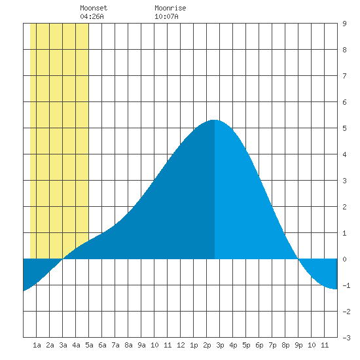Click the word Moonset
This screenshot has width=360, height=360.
[x=94, y=8]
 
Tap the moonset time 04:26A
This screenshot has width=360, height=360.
[x=92, y=16]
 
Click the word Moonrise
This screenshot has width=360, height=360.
[x=170, y=8]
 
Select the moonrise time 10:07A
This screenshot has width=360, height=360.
[x=166, y=16]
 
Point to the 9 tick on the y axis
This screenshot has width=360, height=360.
[x=344, y=24]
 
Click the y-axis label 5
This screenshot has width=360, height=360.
[x=344, y=128]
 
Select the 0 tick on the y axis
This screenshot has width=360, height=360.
[x=344, y=259]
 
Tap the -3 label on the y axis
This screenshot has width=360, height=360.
[x=346, y=338]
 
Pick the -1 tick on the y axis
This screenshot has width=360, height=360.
[x=346, y=285]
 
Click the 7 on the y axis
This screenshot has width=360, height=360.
[x=344, y=76]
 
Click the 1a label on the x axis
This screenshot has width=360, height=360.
[x=37, y=345]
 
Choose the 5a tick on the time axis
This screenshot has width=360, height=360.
[x=89, y=345]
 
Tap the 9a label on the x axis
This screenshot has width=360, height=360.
[x=141, y=345]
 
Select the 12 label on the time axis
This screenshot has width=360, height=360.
[x=181, y=345]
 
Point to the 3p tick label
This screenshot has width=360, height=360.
[x=220, y=345]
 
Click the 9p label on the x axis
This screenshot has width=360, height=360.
[x=298, y=345]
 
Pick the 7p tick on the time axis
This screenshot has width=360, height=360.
[x=272, y=345]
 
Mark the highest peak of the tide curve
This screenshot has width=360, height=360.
[x=215, y=120]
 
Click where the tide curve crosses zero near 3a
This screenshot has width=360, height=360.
[x=62, y=259]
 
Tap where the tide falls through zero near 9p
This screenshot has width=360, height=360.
[x=298, y=259]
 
